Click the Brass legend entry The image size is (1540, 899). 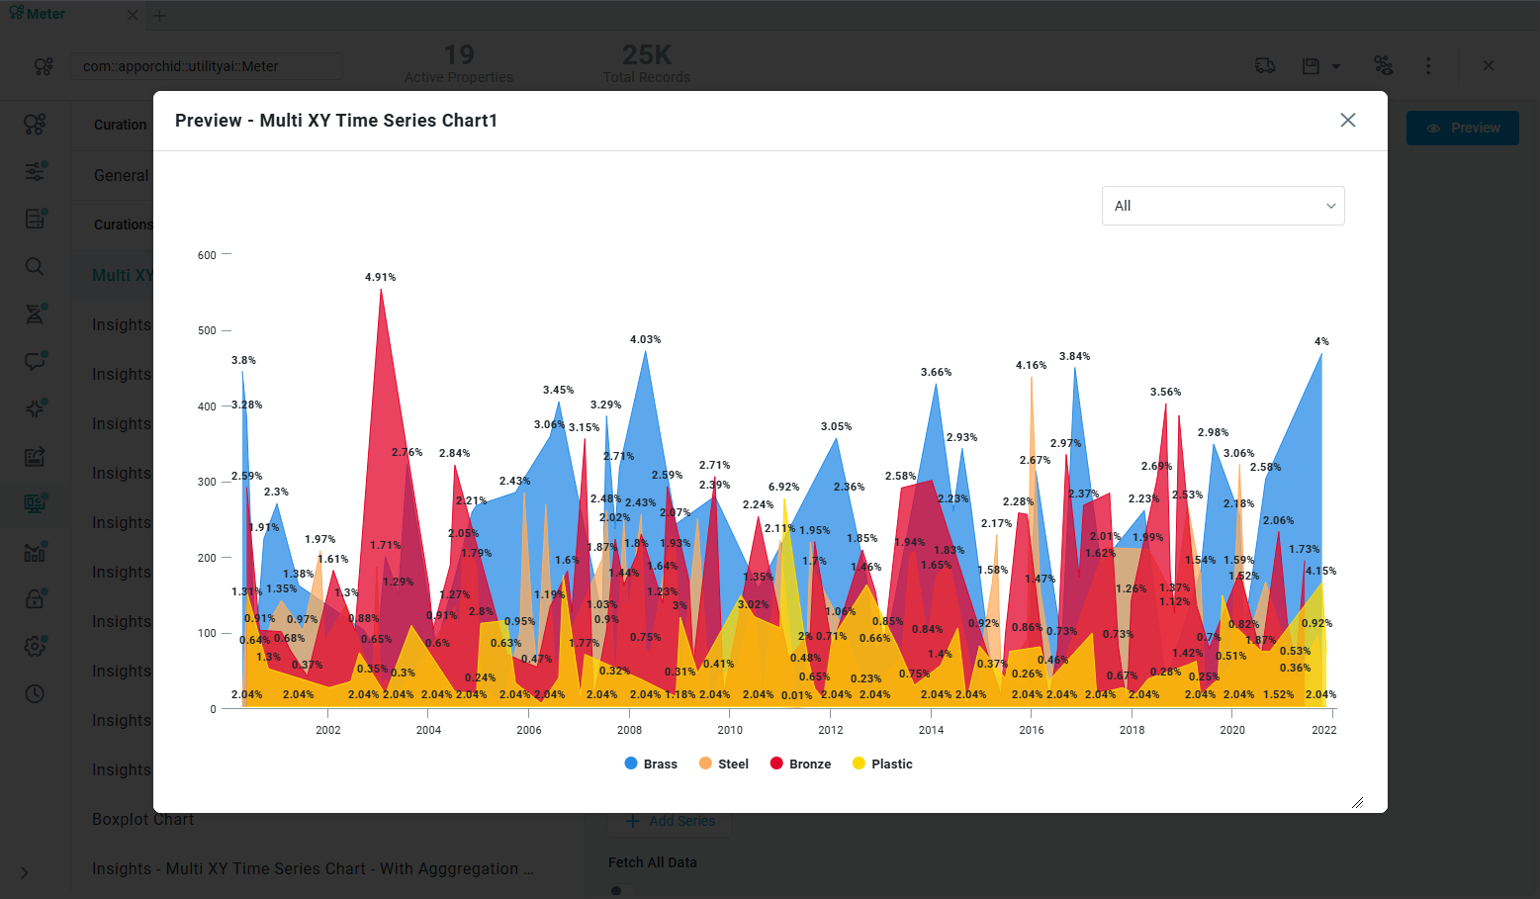pyautogui.click(x=651, y=764)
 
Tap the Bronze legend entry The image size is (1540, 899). pyautogui.click(x=800, y=764)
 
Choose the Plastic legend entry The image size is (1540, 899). pyautogui.click(x=882, y=764)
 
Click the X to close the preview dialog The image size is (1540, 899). pyautogui.click(x=1347, y=120)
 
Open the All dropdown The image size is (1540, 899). pyautogui.click(x=1223, y=206)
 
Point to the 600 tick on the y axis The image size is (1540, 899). pyautogui.click(x=207, y=255)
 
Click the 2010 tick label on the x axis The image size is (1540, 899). pyautogui.click(x=730, y=730)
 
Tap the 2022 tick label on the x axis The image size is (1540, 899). pyautogui.click(x=1323, y=730)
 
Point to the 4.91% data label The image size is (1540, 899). pyautogui.click(x=380, y=277)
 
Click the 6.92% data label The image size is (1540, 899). pyautogui.click(x=783, y=487)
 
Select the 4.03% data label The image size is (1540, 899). pyautogui.click(x=645, y=339)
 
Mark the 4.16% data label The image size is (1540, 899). pyautogui.click(x=1031, y=365)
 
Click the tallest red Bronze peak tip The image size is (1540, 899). pyautogui.click(x=381, y=290)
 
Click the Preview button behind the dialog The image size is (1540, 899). pyautogui.click(x=1462, y=128)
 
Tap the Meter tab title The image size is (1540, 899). pyautogui.click(x=45, y=14)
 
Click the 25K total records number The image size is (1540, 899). pyautogui.click(x=647, y=54)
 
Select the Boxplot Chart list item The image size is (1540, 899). pyautogui.click(x=142, y=819)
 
